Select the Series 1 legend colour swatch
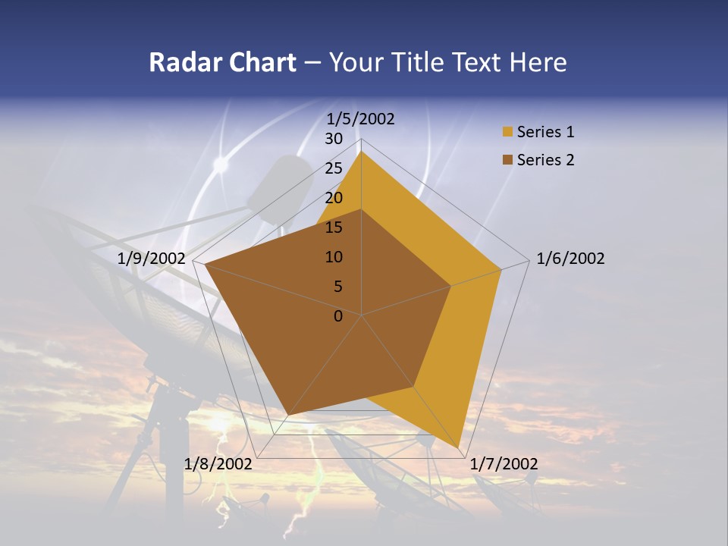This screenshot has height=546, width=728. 507,133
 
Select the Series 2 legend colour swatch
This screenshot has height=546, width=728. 507,160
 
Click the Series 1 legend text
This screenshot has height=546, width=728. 545,132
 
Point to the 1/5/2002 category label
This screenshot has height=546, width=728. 360,118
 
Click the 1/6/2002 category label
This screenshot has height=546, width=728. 570,259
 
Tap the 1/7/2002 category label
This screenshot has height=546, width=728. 504,464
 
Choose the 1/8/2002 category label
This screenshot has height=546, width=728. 218,464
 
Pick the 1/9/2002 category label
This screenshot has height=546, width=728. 152,259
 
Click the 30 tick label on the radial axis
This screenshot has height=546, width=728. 333,139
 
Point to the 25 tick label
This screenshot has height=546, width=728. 333,168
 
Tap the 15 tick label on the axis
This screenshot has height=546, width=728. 333,227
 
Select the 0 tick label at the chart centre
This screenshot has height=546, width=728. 338,316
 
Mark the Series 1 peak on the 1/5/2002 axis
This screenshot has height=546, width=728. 361,152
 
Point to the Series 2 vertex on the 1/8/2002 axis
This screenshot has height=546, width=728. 290,414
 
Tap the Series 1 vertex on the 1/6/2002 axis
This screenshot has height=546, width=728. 501,269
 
